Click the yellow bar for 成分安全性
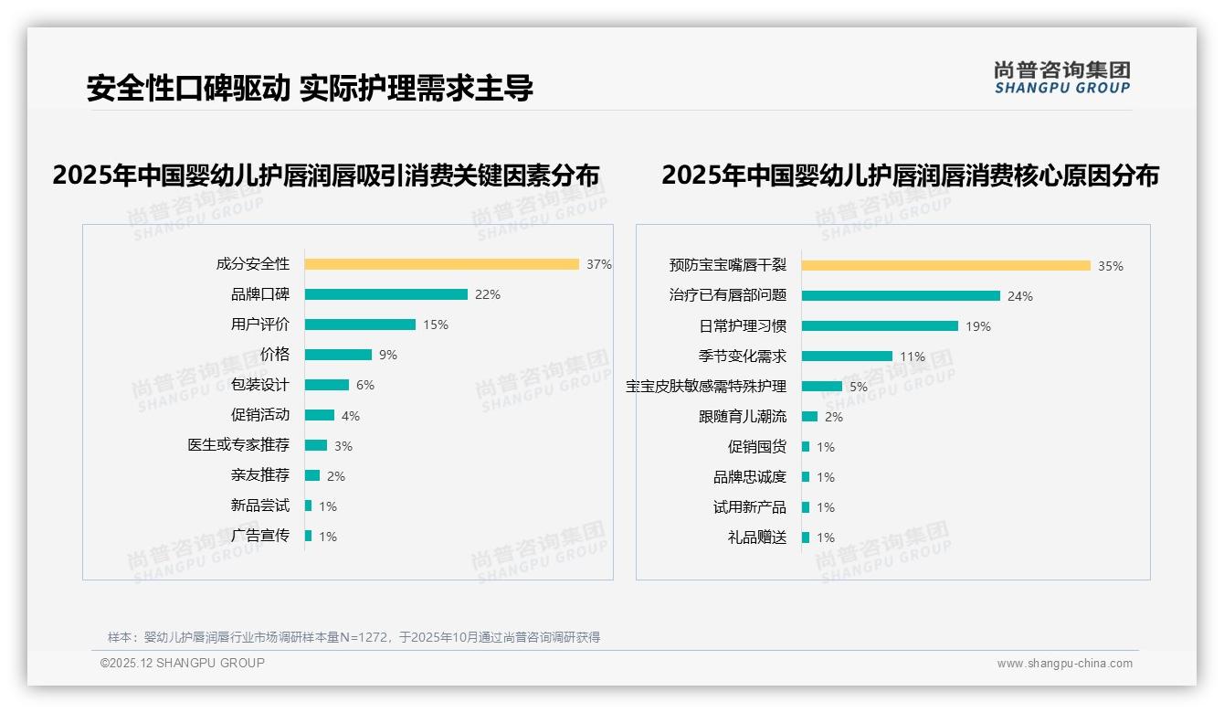tap(441, 264)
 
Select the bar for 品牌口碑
tap(385, 294)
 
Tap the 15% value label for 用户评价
tap(436, 325)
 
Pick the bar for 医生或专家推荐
tap(316, 445)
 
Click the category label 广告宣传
tap(259, 536)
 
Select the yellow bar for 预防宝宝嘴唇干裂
tap(945, 266)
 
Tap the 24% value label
tap(1019, 296)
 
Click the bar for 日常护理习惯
tap(880, 326)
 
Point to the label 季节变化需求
tap(742, 356)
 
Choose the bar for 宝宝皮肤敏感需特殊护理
tap(822, 387)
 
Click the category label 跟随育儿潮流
tap(742, 417)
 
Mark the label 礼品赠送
tap(756, 537)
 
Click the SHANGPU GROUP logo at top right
tap(1061, 78)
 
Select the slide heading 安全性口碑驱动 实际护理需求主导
tap(310, 89)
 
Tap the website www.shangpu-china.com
tap(1064, 664)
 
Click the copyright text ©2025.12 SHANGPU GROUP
tap(183, 663)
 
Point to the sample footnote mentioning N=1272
tap(353, 637)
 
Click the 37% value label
tap(599, 264)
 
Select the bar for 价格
tap(338, 355)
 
